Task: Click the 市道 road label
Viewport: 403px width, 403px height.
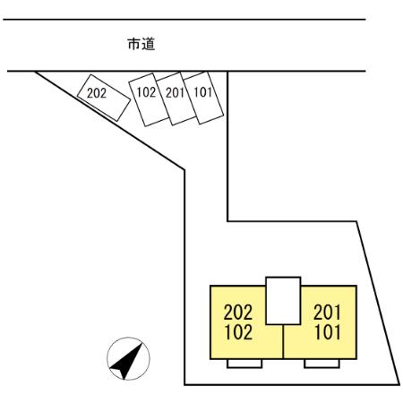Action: tap(141, 44)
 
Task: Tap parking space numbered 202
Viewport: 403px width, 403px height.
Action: tap(104, 98)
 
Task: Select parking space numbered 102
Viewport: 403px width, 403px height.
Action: tap(148, 99)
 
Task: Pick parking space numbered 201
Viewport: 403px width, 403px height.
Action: tap(176, 99)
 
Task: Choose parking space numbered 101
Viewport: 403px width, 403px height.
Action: tap(204, 98)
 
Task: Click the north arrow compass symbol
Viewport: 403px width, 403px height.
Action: tap(128, 358)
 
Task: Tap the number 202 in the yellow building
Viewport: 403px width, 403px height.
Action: tap(238, 313)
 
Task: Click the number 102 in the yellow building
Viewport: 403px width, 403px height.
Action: tap(238, 332)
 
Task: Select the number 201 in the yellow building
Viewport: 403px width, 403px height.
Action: tap(327, 313)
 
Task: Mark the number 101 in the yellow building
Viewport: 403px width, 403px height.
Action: tap(328, 332)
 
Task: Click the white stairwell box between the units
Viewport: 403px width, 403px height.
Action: tap(283, 301)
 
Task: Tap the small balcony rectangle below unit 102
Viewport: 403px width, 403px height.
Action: tap(244, 364)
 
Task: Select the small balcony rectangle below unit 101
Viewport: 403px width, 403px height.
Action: tap(322, 364)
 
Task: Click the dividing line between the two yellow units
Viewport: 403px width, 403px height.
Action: tap(283, 341)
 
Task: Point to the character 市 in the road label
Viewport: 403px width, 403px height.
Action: tap(134, 44)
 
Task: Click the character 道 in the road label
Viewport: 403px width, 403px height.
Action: tap(149, 44)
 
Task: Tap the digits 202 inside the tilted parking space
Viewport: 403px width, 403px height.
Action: tap(97, 93)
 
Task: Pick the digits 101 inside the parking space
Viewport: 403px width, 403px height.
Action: tap(203, 92)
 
